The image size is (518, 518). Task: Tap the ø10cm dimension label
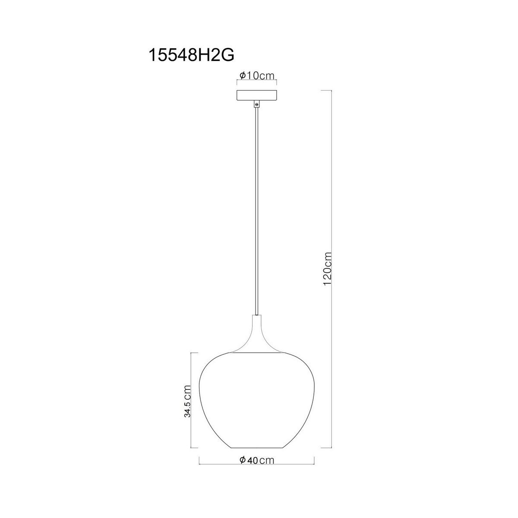coord(257,76)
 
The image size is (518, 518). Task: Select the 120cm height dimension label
coord(327,268)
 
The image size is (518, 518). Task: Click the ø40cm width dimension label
coord(256,460)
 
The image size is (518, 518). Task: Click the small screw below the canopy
coord(257,104)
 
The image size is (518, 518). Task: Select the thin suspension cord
coord(257,207)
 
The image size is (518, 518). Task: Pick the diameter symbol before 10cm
coord(242,76)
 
